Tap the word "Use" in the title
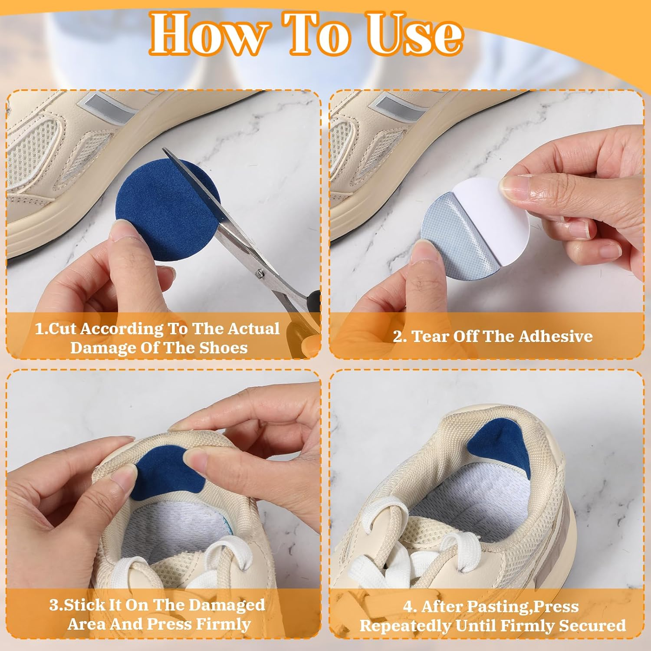[x=414, y=34]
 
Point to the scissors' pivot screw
[x=260, y=273]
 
